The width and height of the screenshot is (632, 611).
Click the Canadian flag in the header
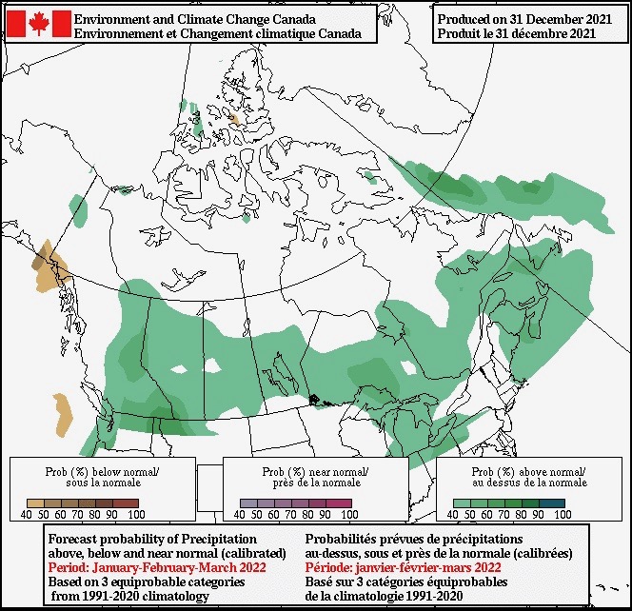click(x=39, y=24)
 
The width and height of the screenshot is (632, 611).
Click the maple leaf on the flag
click(x=39, y=24)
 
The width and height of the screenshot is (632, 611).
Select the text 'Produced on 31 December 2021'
click(x=518, y=19)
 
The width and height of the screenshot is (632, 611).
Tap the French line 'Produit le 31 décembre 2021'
click(x=518, y=33)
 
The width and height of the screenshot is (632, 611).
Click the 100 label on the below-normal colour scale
click(x=135, y=514)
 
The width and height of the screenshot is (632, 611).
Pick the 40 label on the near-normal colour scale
click(x=239, y=514)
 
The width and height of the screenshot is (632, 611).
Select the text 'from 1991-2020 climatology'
click(x=129, y=596)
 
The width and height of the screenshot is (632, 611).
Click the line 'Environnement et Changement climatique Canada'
click(x=217, y=33)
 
